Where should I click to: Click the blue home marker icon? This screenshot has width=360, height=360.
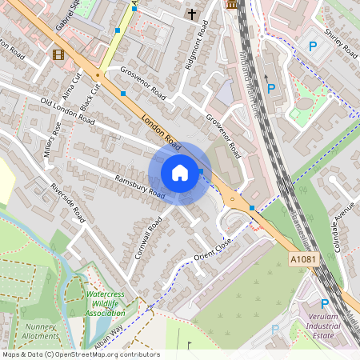180,173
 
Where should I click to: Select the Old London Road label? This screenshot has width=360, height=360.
67,112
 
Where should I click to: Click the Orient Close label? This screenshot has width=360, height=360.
214,250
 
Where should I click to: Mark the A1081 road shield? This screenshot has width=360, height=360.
302,260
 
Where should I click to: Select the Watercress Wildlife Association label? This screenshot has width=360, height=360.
106,304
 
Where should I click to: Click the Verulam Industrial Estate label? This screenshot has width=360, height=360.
325,326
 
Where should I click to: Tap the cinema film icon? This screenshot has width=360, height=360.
57,54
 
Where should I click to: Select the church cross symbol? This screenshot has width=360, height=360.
191,14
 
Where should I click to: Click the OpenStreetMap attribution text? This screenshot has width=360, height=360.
80,354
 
